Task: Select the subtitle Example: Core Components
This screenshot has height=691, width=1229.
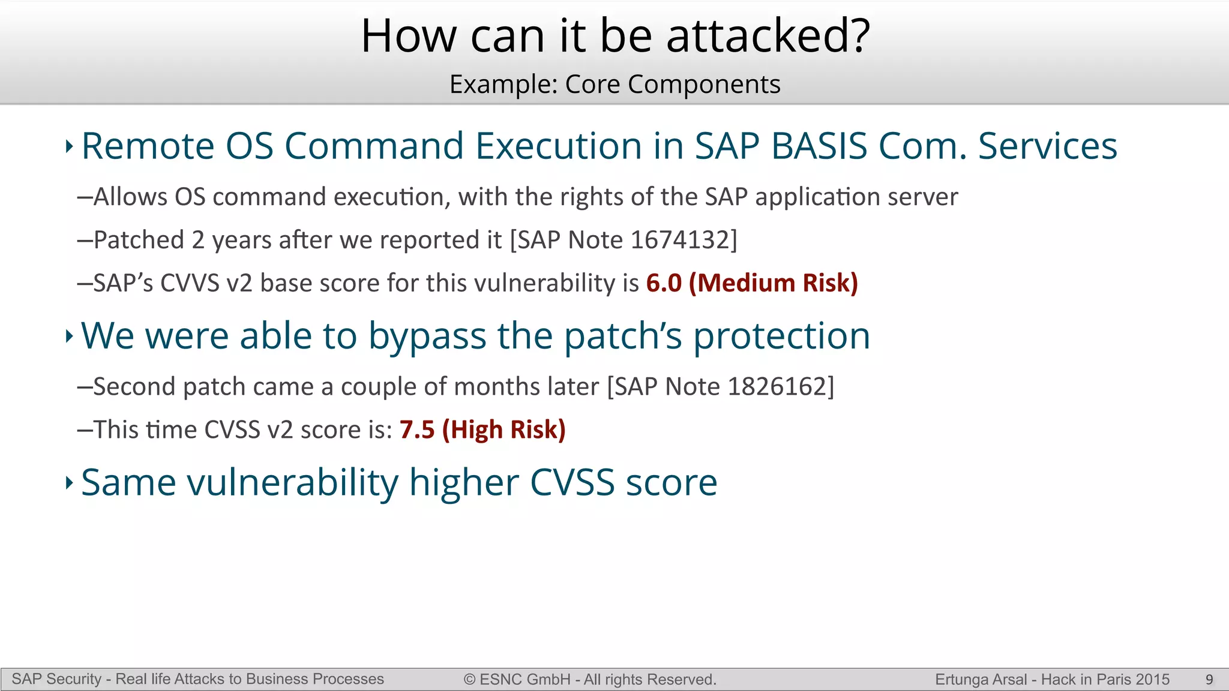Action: pyautogui.click(x=614, y=84)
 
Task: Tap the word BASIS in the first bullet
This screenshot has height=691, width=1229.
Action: pyautogui.click(x=819, y=146)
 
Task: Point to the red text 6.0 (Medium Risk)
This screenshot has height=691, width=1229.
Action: pyautogui.click(x=752, y=283)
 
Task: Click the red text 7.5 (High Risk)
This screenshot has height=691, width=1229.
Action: pyautogui.click(x=482, y=429)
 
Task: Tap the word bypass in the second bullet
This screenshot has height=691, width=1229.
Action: pyautogui.click(x=427, y=336)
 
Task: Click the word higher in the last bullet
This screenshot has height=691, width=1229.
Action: pyautogui.click(x=464, y=482)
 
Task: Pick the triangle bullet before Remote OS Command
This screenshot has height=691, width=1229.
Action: pyautogui.click(x=69, y=146)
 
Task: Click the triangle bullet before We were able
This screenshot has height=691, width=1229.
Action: pyautogui.click(x=69, y=336)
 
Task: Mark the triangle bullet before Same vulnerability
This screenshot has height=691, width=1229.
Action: pyautogui.click(x=69, y=482)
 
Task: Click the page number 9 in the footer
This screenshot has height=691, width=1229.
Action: pyautogui.click(x=1209, y=680)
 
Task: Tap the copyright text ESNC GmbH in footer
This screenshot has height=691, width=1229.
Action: pyautogui.click(x=525, y=680)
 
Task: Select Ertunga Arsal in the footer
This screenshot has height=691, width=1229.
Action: pyautogui.click(x=981, y=680)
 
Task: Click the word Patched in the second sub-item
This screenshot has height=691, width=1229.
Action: pyautogui.click(x=139, y=240)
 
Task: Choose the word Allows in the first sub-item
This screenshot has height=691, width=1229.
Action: pyautogui.click(x=130, y=197)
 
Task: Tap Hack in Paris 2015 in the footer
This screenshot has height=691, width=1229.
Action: pyautogui.click(x=1105, y=680)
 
